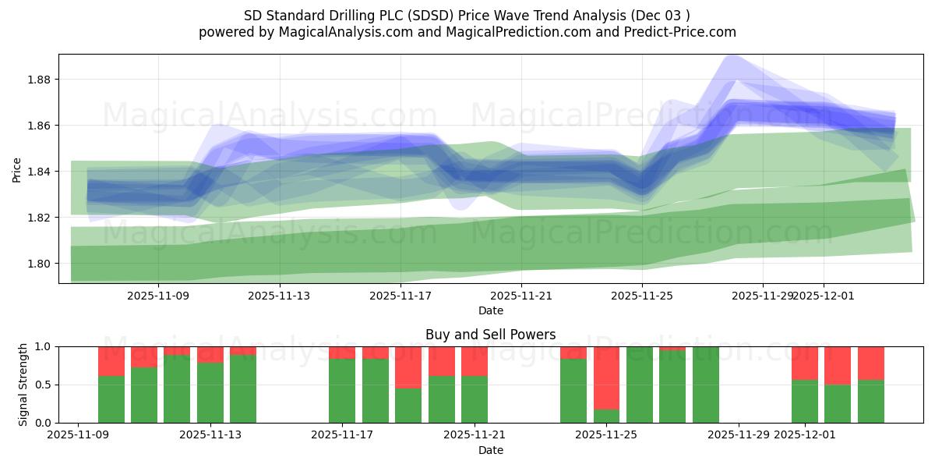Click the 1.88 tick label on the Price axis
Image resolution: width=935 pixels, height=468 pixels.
(x=40, y=80)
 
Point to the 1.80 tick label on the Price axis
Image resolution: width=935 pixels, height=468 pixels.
(x=40, y=264)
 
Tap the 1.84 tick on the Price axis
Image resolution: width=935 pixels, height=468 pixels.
(x=40, y=172)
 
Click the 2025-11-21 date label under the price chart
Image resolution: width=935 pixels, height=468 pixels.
(x=521, y=296)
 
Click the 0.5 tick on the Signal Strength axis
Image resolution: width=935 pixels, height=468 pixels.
(x=44, y=385)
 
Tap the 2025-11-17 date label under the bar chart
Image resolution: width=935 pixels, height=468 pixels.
(x=342, y=435)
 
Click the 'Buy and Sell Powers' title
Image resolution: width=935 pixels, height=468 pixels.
(x=490, y=335)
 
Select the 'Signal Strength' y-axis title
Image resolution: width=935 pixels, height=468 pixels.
(x=23, y=384)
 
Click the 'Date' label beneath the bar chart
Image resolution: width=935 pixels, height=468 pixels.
(x=490, y=450)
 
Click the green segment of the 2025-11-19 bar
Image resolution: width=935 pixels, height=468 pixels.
(x=408, y=406)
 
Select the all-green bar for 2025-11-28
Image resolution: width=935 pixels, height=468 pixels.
(x=705, y=385)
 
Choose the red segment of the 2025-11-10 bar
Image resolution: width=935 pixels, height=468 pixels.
(x=111, y=361)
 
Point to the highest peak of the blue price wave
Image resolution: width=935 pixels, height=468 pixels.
(x=729, y=56)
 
